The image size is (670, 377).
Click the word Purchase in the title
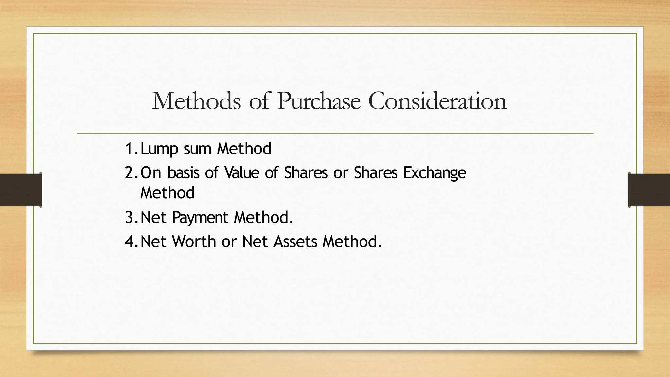[318, 101]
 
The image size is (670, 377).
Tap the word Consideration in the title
[437, 101]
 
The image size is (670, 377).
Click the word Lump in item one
[159, 149]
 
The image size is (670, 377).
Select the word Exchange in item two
[434, 173]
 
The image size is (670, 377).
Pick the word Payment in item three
[200, 218]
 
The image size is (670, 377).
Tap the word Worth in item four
[194, 242]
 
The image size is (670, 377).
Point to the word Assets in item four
[295, 242]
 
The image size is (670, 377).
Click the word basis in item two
[183, 173]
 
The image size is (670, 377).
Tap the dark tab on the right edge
[649, 190]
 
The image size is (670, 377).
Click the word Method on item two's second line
[167, 193]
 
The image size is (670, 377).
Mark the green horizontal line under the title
[335, 133]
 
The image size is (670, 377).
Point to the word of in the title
[259, 101]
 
